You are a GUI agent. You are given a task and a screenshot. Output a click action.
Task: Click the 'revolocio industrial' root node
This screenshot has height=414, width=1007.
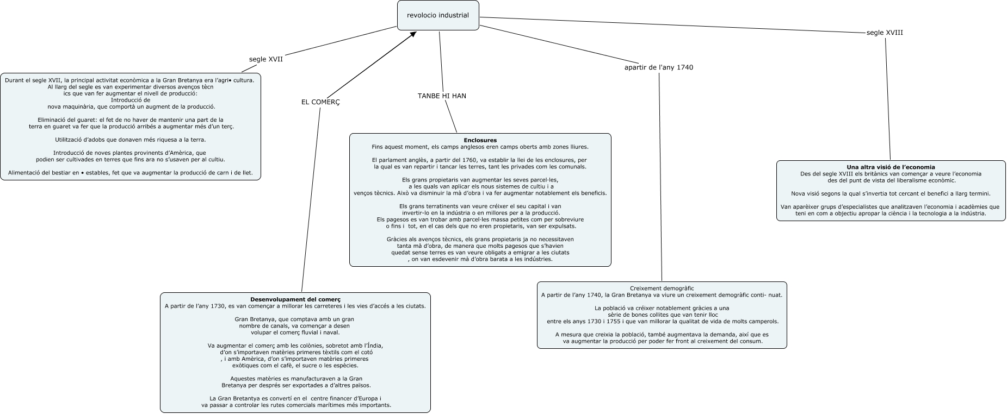(437, 15)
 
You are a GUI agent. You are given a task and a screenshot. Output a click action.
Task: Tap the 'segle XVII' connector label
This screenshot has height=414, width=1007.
(265, 59)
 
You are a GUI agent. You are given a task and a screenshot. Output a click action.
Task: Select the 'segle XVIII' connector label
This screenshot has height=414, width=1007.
(884, 33)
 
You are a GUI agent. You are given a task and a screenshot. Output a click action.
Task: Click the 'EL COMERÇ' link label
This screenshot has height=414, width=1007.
(320, 102)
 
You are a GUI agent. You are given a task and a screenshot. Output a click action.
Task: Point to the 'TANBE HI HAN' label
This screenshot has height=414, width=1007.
(442, 96)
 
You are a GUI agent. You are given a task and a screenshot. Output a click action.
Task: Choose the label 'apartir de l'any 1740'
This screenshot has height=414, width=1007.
(658, 68)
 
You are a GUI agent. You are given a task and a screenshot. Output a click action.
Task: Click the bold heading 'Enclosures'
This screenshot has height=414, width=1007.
(480, 140)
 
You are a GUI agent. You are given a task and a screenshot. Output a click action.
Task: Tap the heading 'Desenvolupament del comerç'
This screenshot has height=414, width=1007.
(295, 299)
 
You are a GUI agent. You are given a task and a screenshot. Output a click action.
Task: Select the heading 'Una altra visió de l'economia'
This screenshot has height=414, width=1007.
(891, 167)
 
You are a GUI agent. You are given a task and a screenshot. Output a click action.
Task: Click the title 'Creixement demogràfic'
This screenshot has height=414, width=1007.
(662, 288)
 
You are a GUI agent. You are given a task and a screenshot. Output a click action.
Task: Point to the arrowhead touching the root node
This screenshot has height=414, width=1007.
(413, 34)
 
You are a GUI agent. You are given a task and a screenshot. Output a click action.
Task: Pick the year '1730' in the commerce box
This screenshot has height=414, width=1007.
(216, 306)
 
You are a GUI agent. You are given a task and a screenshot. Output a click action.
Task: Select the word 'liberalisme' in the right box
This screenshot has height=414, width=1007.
(903, 180)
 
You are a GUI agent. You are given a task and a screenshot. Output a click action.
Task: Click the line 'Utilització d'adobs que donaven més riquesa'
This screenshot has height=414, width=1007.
(130, 140)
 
